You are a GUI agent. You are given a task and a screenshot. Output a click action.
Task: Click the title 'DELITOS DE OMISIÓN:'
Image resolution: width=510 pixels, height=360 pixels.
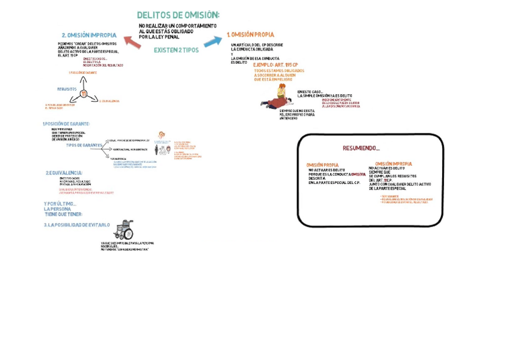click(178, 14)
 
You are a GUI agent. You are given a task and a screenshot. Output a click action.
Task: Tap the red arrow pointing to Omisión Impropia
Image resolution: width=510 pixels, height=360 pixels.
click(132, 41)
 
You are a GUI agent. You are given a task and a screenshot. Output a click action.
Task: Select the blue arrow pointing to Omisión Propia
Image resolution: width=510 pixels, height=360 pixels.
click(212, 41)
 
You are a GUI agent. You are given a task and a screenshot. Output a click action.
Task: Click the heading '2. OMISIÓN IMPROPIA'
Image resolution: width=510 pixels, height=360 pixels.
click(89, 35)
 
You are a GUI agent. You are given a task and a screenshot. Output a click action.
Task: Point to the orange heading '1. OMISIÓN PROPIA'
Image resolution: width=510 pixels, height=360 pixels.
click(250, 35)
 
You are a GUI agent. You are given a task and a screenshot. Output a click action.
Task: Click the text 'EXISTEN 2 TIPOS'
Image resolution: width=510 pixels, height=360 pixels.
click(176, 50)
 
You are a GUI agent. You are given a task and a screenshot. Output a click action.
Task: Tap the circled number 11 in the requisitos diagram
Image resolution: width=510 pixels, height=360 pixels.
click(84, 93)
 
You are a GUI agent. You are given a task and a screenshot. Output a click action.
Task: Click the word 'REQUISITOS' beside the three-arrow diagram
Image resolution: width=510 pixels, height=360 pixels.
click(67, 89)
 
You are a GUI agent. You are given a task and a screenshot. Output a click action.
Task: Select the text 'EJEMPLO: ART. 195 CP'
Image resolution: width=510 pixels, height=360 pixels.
click(275, 64)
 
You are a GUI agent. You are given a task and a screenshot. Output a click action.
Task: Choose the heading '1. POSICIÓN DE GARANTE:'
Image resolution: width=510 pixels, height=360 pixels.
click(66, 124)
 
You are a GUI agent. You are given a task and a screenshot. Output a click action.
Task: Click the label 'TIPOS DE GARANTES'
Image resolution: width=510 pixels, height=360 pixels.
click(84, 145)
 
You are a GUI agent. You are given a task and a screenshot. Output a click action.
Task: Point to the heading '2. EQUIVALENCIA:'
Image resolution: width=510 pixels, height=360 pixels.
click(64, 173)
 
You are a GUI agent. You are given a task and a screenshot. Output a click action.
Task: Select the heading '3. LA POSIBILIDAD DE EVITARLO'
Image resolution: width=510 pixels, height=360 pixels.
click(76, 225)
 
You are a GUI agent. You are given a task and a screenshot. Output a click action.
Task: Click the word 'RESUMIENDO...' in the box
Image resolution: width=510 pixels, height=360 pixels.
click(361, 148)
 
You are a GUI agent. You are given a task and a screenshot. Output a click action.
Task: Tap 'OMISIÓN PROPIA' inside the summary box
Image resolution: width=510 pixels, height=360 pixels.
click(322, 165)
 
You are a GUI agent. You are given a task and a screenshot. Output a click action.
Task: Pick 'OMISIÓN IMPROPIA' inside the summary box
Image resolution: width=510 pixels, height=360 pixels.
click(393, 163)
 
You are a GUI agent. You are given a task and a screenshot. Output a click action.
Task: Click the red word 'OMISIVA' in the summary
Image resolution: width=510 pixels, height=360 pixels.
click(358, 174)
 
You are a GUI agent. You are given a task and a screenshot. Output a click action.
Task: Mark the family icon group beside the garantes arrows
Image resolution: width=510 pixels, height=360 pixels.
click(163, 148)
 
